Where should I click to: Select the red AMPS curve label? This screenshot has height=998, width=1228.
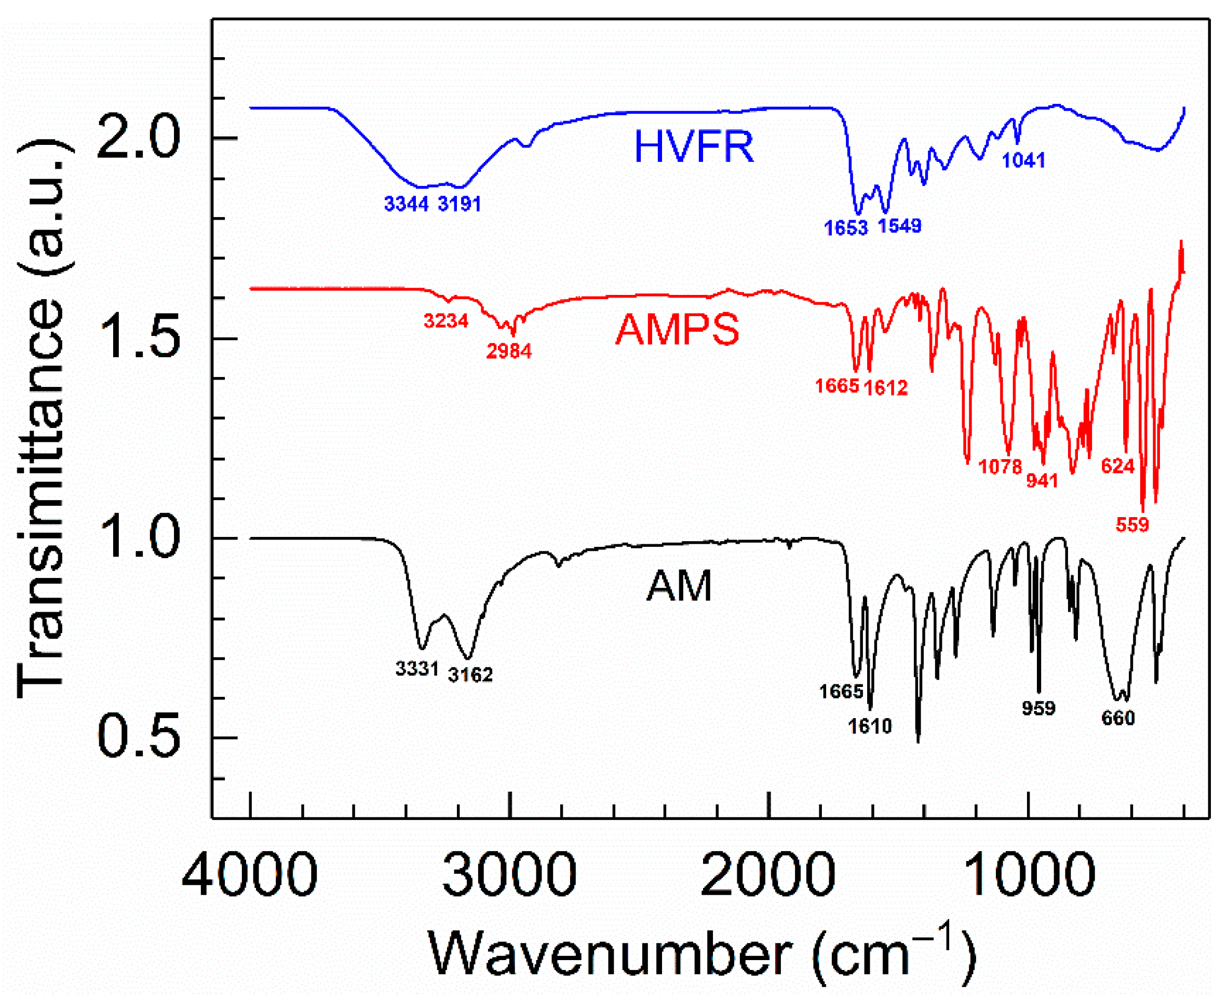pyautogui.click(x=678, y=330)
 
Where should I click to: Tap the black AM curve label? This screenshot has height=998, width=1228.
pyautogui.click(x=679, y=586)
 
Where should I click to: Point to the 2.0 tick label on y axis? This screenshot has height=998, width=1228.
pyautogui.click(x=139, y=137)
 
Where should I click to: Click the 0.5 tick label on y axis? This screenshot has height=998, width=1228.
pyautogui.click(x=139, y=737)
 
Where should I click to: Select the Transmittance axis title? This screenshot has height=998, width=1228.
pyautogui.click(x=42, y=419)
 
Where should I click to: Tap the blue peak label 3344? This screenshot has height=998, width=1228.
pyautogui.click(x=407, y=204)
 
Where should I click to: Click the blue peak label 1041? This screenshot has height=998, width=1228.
pyautogui.click(x=1023, y=160)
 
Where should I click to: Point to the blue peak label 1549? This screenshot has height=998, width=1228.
pyautogui.click(x=900, y=226)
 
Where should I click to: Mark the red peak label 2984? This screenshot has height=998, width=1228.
pyautogui.click(x=509, y=351)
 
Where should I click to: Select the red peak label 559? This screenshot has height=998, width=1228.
pyautogui.click(x=1132, y=525)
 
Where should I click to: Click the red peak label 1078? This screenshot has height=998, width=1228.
pyautogui.click(x=1001, y=466)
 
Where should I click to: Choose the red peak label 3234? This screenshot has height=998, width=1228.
pyautogui.click(x=446, y=320)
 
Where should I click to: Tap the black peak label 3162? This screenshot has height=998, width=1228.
pyautogui.click(x=470, y=675)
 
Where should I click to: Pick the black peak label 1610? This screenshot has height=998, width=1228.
pyautogui.click(x=870, y=726)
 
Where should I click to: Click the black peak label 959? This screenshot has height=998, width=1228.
pyautogui.click(x=1038, y=708)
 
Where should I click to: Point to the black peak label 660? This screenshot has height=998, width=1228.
pyautogui.click(x=1118, y=718)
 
